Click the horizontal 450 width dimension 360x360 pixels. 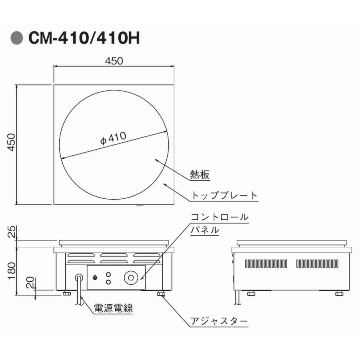114,60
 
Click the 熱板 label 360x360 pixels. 200,175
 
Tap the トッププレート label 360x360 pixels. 224,196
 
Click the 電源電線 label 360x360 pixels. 113,308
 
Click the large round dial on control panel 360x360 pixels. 130,277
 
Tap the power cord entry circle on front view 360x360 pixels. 79,277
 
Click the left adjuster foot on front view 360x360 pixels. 66,294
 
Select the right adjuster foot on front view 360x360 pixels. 162,294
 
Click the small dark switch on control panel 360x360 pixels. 95,277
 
